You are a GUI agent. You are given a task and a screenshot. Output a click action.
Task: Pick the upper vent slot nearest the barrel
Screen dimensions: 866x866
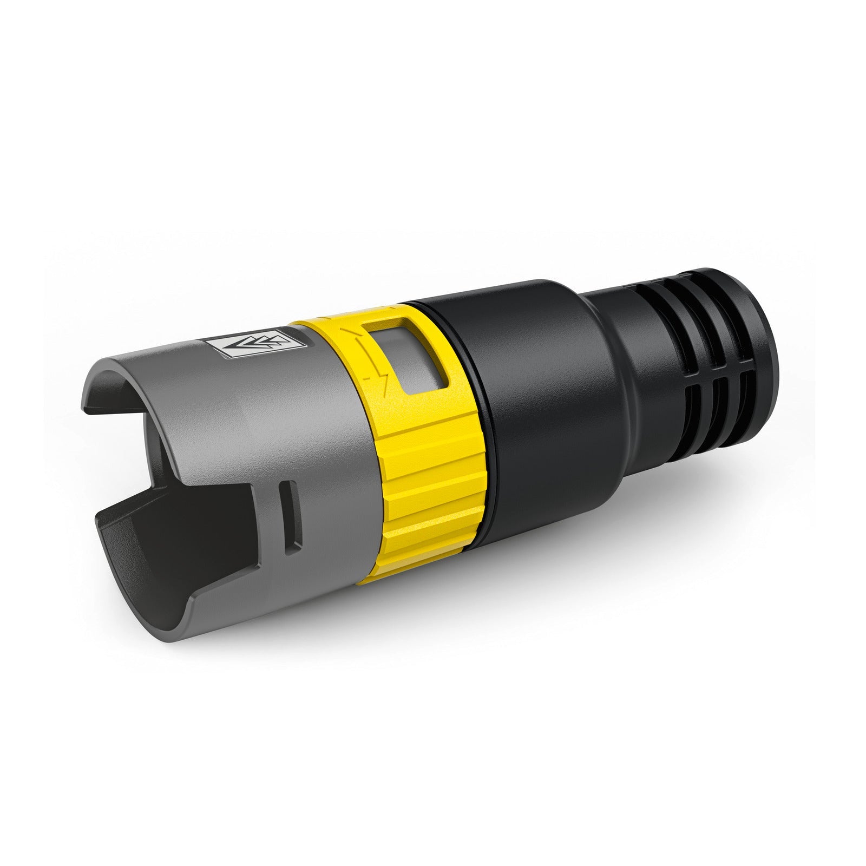click(x=666, y=336)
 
